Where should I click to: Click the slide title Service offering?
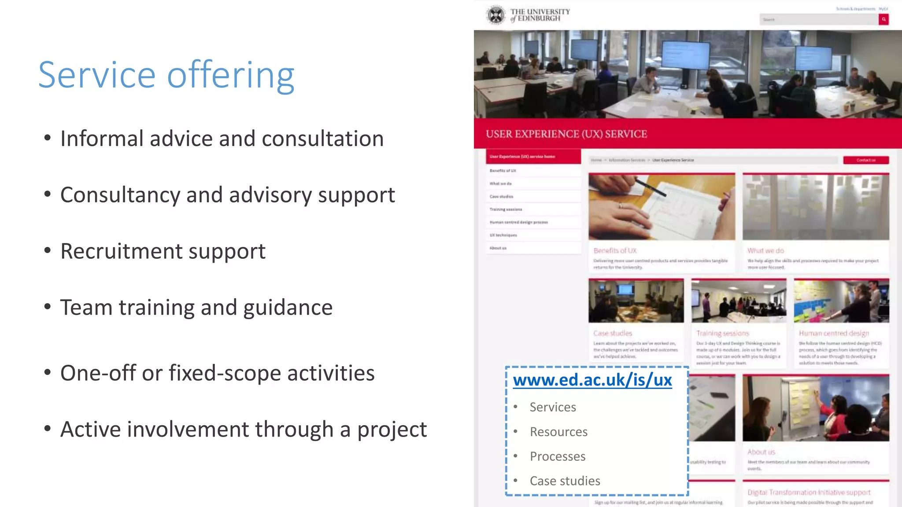point(166,76)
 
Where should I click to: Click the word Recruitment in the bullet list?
point(121,252)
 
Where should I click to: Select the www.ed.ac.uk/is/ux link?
point(592,380)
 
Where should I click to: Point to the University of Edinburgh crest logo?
point(496,15)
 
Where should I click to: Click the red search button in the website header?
point(884,19)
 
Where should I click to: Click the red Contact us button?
point(866,160)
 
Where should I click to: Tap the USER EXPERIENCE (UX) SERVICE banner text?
point(566,134)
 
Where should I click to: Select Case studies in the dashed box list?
point(565,481)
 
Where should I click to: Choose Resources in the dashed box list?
point(558,432)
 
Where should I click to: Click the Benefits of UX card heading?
point(615,251)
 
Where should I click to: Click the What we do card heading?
point(765,251)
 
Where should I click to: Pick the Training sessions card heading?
point(722,334)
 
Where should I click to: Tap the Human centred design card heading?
point(834,334)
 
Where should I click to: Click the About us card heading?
point(761,452)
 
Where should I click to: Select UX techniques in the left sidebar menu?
point(503,235)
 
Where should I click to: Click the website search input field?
point(819,19)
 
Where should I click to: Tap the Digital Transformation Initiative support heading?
point(809,492)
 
